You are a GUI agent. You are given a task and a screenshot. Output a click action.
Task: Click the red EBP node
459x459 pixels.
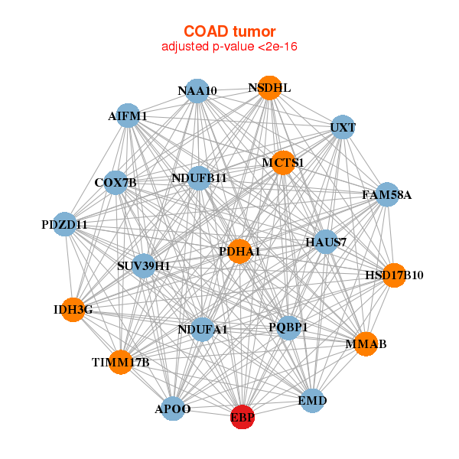[x=243, y=418]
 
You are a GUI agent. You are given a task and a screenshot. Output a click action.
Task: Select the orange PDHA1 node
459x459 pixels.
[x=239, y=252]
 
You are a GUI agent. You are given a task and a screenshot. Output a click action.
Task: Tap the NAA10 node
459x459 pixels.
[x=197, y=91]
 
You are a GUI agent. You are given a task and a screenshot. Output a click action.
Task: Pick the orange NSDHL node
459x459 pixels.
[x=269, y=88]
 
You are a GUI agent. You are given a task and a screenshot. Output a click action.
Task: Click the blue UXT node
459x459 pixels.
[x=343, y=127]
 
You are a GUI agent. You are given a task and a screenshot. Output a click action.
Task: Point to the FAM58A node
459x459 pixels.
[x=387, y=195]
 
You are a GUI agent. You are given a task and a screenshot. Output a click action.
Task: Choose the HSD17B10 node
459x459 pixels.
[x=393, y=275]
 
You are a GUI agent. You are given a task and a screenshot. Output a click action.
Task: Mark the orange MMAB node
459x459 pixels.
[x=366, y=344]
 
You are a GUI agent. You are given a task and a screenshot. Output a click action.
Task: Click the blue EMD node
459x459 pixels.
[x=312, y=400]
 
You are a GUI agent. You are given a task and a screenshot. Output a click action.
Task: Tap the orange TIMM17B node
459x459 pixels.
[x=120, y=362]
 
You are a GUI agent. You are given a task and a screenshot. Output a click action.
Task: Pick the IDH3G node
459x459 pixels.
[x=73, y=310]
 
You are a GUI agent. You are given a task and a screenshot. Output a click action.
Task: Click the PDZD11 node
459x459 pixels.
[x=65, y=225]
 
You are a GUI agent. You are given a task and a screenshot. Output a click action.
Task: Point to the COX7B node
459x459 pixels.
[x=116, y=183]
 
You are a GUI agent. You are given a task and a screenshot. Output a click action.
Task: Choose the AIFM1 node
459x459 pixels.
[x=128, y=116]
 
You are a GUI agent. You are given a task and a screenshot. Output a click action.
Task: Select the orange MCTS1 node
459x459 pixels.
[x=283, y=162]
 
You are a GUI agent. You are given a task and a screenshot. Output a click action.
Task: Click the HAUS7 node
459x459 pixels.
[x=326, y=243]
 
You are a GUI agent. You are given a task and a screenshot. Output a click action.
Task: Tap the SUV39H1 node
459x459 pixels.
[x=144, y=266]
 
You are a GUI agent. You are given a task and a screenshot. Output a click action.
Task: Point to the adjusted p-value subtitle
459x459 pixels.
[x=229, y=47]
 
